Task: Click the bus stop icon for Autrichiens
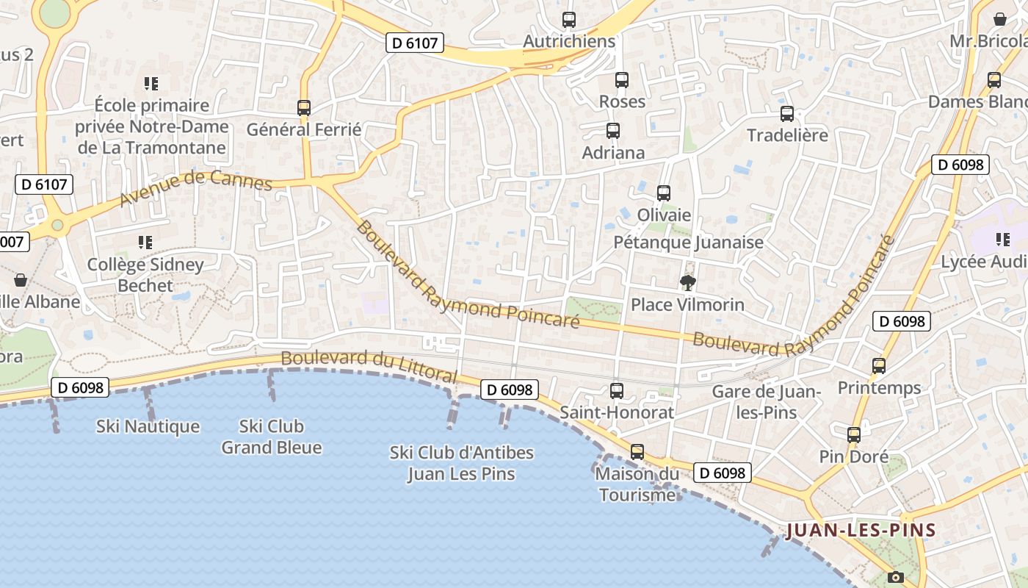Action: click(x=569, y=20)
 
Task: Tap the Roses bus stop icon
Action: click(x=622, y=80)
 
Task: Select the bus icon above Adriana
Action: click(x=613, y=131)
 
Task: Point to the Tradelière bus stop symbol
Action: click(x=787, y=114)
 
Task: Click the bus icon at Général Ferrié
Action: click(x=304, y=108)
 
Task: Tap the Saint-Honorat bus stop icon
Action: click(x=617, y=391)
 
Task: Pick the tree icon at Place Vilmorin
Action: click(x=688, y=283)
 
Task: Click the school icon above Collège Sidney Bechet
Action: click(x=145, y=242)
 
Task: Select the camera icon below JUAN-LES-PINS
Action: click(x=895, y=577)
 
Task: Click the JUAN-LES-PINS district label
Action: click(x=861, y=530)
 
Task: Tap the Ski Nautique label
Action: click(x=148, y=426)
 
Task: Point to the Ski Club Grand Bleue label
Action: click(x=272, y=437)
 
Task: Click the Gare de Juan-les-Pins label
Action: click(x=766, y=402)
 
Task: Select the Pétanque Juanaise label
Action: click(x=688, y=242)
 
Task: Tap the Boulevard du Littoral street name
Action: click(x=369, y=365)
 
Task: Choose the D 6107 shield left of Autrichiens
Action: click(x=415, y=43)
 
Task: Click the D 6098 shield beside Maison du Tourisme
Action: click(x=722, y=473)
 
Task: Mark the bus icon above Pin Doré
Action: click(x=854, y=435)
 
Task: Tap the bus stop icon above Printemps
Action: click(x=879, y=365)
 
